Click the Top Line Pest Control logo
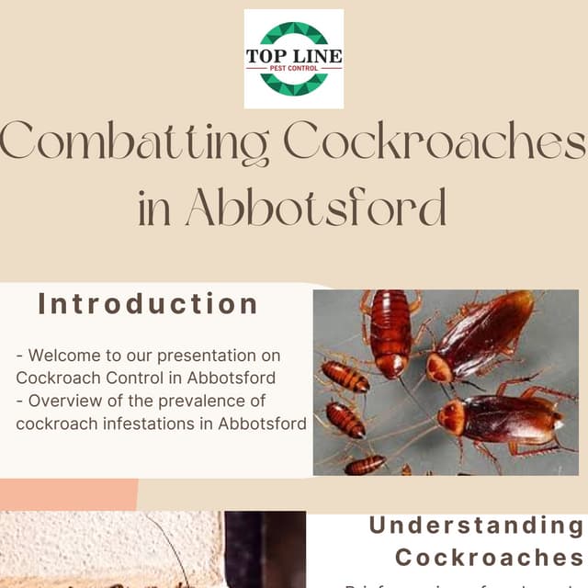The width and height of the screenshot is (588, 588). pyautogui.click(x=294, y=59)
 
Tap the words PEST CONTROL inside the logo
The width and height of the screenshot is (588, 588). pyautogui.click(x=294, y=68)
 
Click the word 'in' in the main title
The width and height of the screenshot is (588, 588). pyautogui.click(x=153, y=209)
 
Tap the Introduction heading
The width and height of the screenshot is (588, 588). pyautogui.click(x=148, y=304)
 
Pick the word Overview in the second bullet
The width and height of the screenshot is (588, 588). pyautogui.click(x=62, y=401)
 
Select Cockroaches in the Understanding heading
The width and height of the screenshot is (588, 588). pyautogui.click(x=489, y=558)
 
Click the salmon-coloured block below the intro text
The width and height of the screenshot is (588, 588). pyautogui.click(x=69, y=493)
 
